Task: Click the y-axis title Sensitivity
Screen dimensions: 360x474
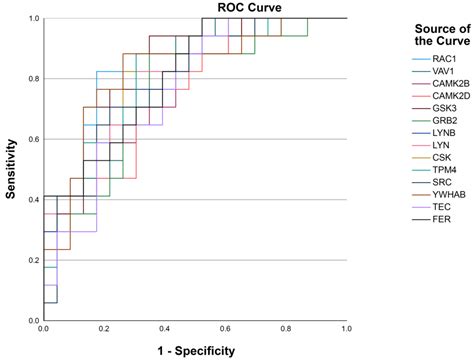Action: click(x=11, y=169)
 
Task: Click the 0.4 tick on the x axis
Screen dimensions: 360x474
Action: click(x=164, y=328)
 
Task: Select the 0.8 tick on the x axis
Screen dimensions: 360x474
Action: click(x=286, y=328)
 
